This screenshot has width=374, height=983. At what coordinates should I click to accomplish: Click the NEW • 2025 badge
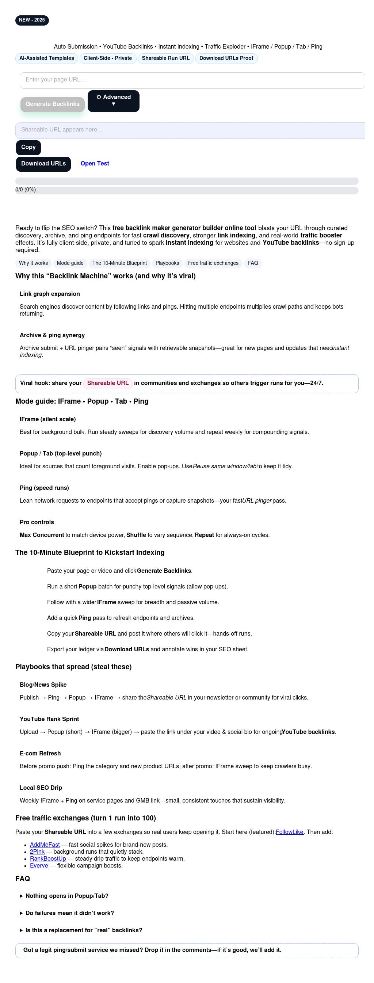coord(32,20)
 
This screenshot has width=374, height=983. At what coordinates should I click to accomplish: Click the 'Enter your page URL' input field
coord(192,80)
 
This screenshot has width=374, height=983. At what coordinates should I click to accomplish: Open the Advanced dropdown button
coord(113,101)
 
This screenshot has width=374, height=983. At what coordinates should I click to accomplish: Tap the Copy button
coord(28,147)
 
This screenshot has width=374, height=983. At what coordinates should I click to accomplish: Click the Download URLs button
coord(43,164)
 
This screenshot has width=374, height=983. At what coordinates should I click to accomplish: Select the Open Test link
coord(95,164)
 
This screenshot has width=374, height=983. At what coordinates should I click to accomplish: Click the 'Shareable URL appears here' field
coord(190,130)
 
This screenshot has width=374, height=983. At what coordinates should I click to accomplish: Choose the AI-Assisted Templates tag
coord(46,58)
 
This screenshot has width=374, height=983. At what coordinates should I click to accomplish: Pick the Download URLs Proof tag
coord(226,58)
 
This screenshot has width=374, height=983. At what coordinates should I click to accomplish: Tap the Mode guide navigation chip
coord(70,263)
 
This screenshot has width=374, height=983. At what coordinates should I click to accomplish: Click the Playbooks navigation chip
coord(167,263)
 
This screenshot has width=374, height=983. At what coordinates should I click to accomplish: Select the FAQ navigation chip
coord(253,263)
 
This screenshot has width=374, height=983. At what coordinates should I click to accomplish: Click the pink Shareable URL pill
coord(108,383)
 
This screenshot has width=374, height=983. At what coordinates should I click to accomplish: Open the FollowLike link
coord(289,832)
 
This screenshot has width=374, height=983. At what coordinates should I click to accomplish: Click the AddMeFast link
coord(45,845)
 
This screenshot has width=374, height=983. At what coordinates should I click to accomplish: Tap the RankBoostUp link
coord(48,858)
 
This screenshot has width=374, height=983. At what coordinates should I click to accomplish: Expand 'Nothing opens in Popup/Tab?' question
coord(67,896)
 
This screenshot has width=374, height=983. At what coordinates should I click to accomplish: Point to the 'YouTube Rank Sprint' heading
coord(49,719)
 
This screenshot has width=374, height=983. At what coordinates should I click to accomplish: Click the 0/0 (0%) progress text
coord(26,190)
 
